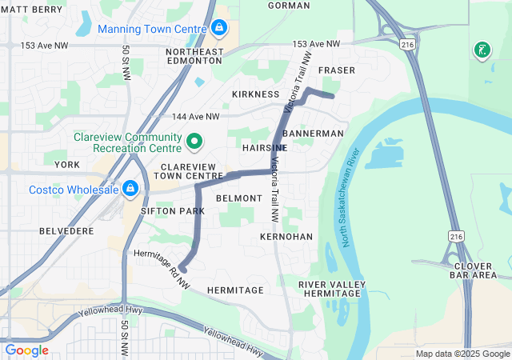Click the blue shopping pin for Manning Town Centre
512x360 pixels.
[x=219, y=29]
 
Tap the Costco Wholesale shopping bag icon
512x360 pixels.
[x=130, y=190]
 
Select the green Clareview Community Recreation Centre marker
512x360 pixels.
[x=194, y=142]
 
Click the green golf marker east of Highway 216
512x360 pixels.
[x=482, y=50]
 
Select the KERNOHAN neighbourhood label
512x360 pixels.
[x=286, y=238]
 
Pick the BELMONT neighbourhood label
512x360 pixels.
[x=238, y=198]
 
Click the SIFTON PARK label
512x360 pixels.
[x=173, y=210]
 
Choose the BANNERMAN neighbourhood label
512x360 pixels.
[x=313, y=133]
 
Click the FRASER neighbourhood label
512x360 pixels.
[x=337, y=70]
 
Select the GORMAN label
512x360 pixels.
[x=289, y=6]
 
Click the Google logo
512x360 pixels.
[x=27, y=350]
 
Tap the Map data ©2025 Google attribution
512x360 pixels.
[x=462, y=354]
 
